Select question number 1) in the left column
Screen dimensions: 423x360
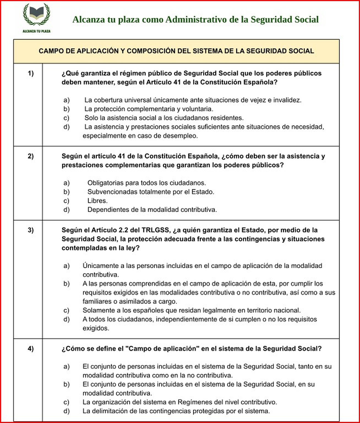tap(31, 73)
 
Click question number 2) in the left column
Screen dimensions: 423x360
tap(31, 156)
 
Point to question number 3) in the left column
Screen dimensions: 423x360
tap(31, 230)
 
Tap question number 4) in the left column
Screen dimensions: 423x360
tap(31, 349)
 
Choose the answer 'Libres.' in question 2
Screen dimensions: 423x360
tap(97, 201)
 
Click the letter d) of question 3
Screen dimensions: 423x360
tap(66, 319)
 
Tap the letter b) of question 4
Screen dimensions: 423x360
tap(66, 384)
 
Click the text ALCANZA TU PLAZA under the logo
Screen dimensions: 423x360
tap(36, 31)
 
